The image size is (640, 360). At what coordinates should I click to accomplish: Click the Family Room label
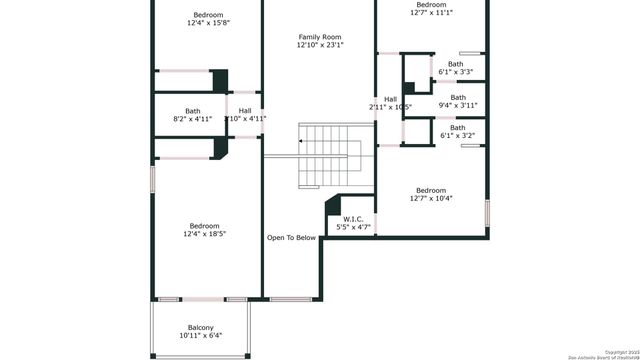click(319, 36)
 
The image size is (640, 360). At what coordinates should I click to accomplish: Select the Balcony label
click(201, 327)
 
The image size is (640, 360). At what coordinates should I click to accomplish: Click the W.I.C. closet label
click(353, 219)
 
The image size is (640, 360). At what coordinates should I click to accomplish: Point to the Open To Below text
click(291, 238)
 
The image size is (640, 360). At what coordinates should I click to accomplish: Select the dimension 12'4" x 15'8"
click(208, 23)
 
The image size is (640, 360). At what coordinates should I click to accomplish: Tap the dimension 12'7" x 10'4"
click(431, 198)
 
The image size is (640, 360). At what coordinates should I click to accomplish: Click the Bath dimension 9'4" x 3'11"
click(457, 105)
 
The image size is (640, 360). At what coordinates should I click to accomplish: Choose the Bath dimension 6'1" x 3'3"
click(456, 72)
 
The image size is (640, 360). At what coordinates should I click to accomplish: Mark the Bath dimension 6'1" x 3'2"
click(457, 135)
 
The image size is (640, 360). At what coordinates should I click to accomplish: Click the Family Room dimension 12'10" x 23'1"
click(319, 45)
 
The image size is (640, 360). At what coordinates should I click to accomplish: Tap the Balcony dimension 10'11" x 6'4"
click(201, 335)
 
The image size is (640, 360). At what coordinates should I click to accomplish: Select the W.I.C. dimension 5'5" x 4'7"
click(353, 227)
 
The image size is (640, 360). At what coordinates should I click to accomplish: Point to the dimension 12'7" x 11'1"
click(431, 13)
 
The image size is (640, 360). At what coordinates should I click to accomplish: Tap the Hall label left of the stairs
click(245, 110)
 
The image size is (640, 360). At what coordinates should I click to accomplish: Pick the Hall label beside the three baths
click(390, 99)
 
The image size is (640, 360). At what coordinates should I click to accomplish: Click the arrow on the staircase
click(302, 141)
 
